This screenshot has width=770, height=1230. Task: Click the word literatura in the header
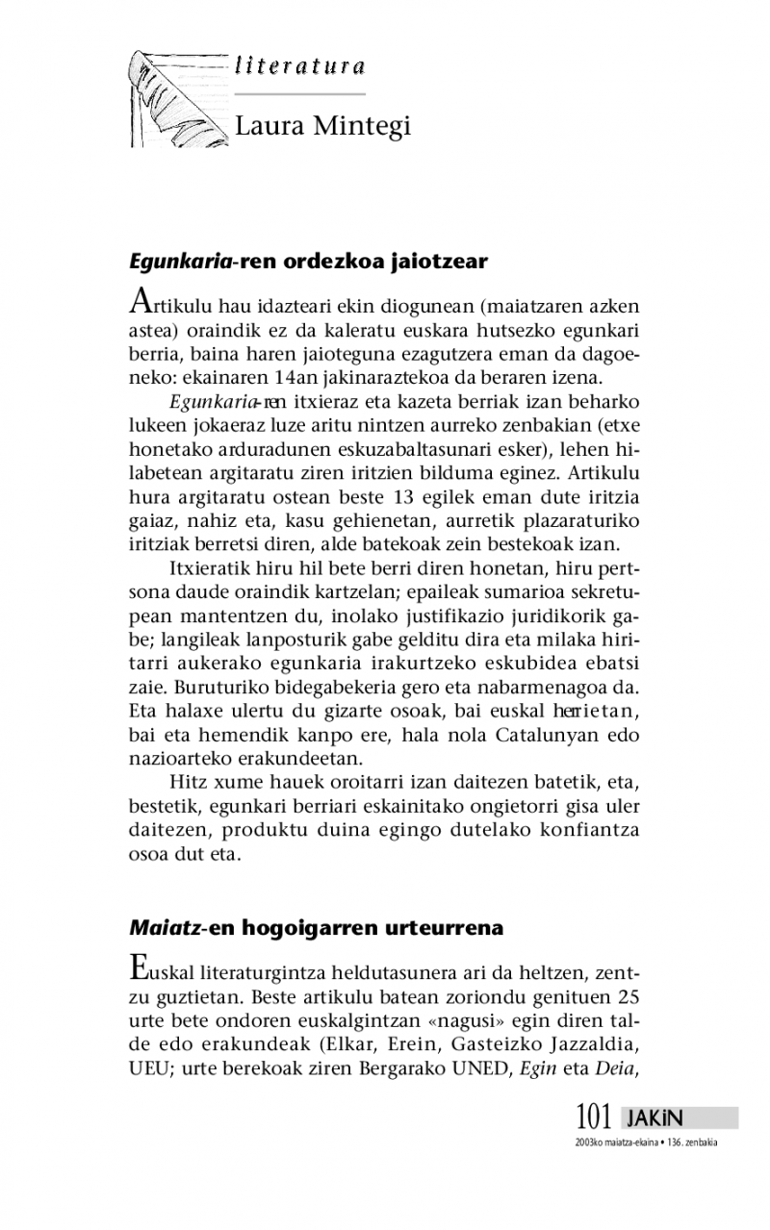(x=299, y=66)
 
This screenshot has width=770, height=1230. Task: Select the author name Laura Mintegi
(x=323, y=126)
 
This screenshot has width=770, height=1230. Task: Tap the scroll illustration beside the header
(x=179, y=98)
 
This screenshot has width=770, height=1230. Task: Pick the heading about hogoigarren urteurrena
(x=317, y=928)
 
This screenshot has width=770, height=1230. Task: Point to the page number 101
(x=594, y=1117)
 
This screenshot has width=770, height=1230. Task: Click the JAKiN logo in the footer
(x=654, y=1118)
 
